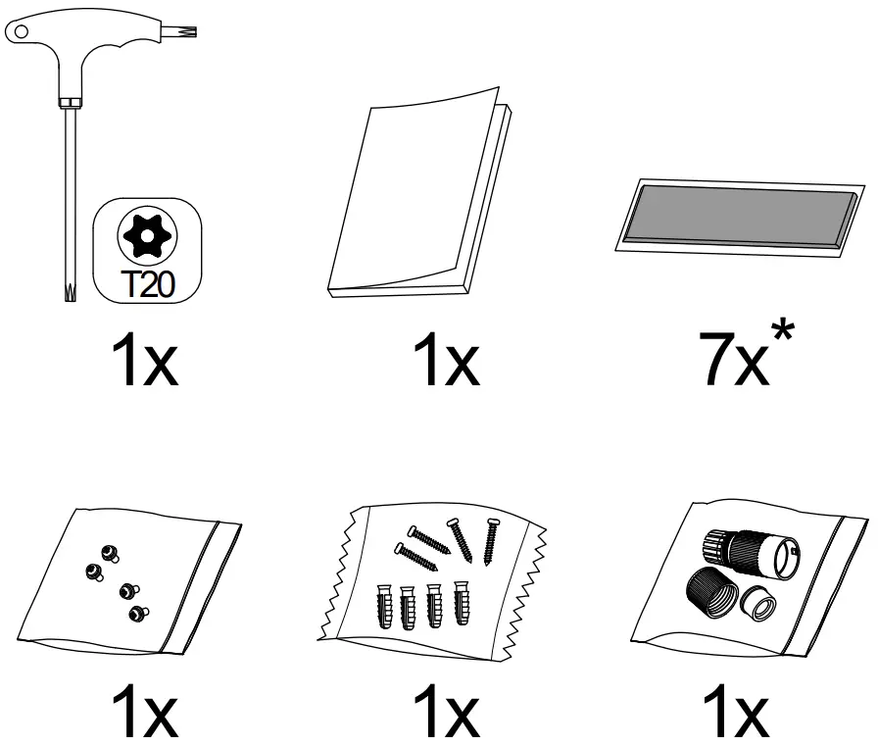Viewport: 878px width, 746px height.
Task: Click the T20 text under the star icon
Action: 150,283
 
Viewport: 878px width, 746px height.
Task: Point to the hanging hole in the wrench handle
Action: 21,31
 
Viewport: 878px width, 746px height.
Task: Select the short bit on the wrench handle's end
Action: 186,31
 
